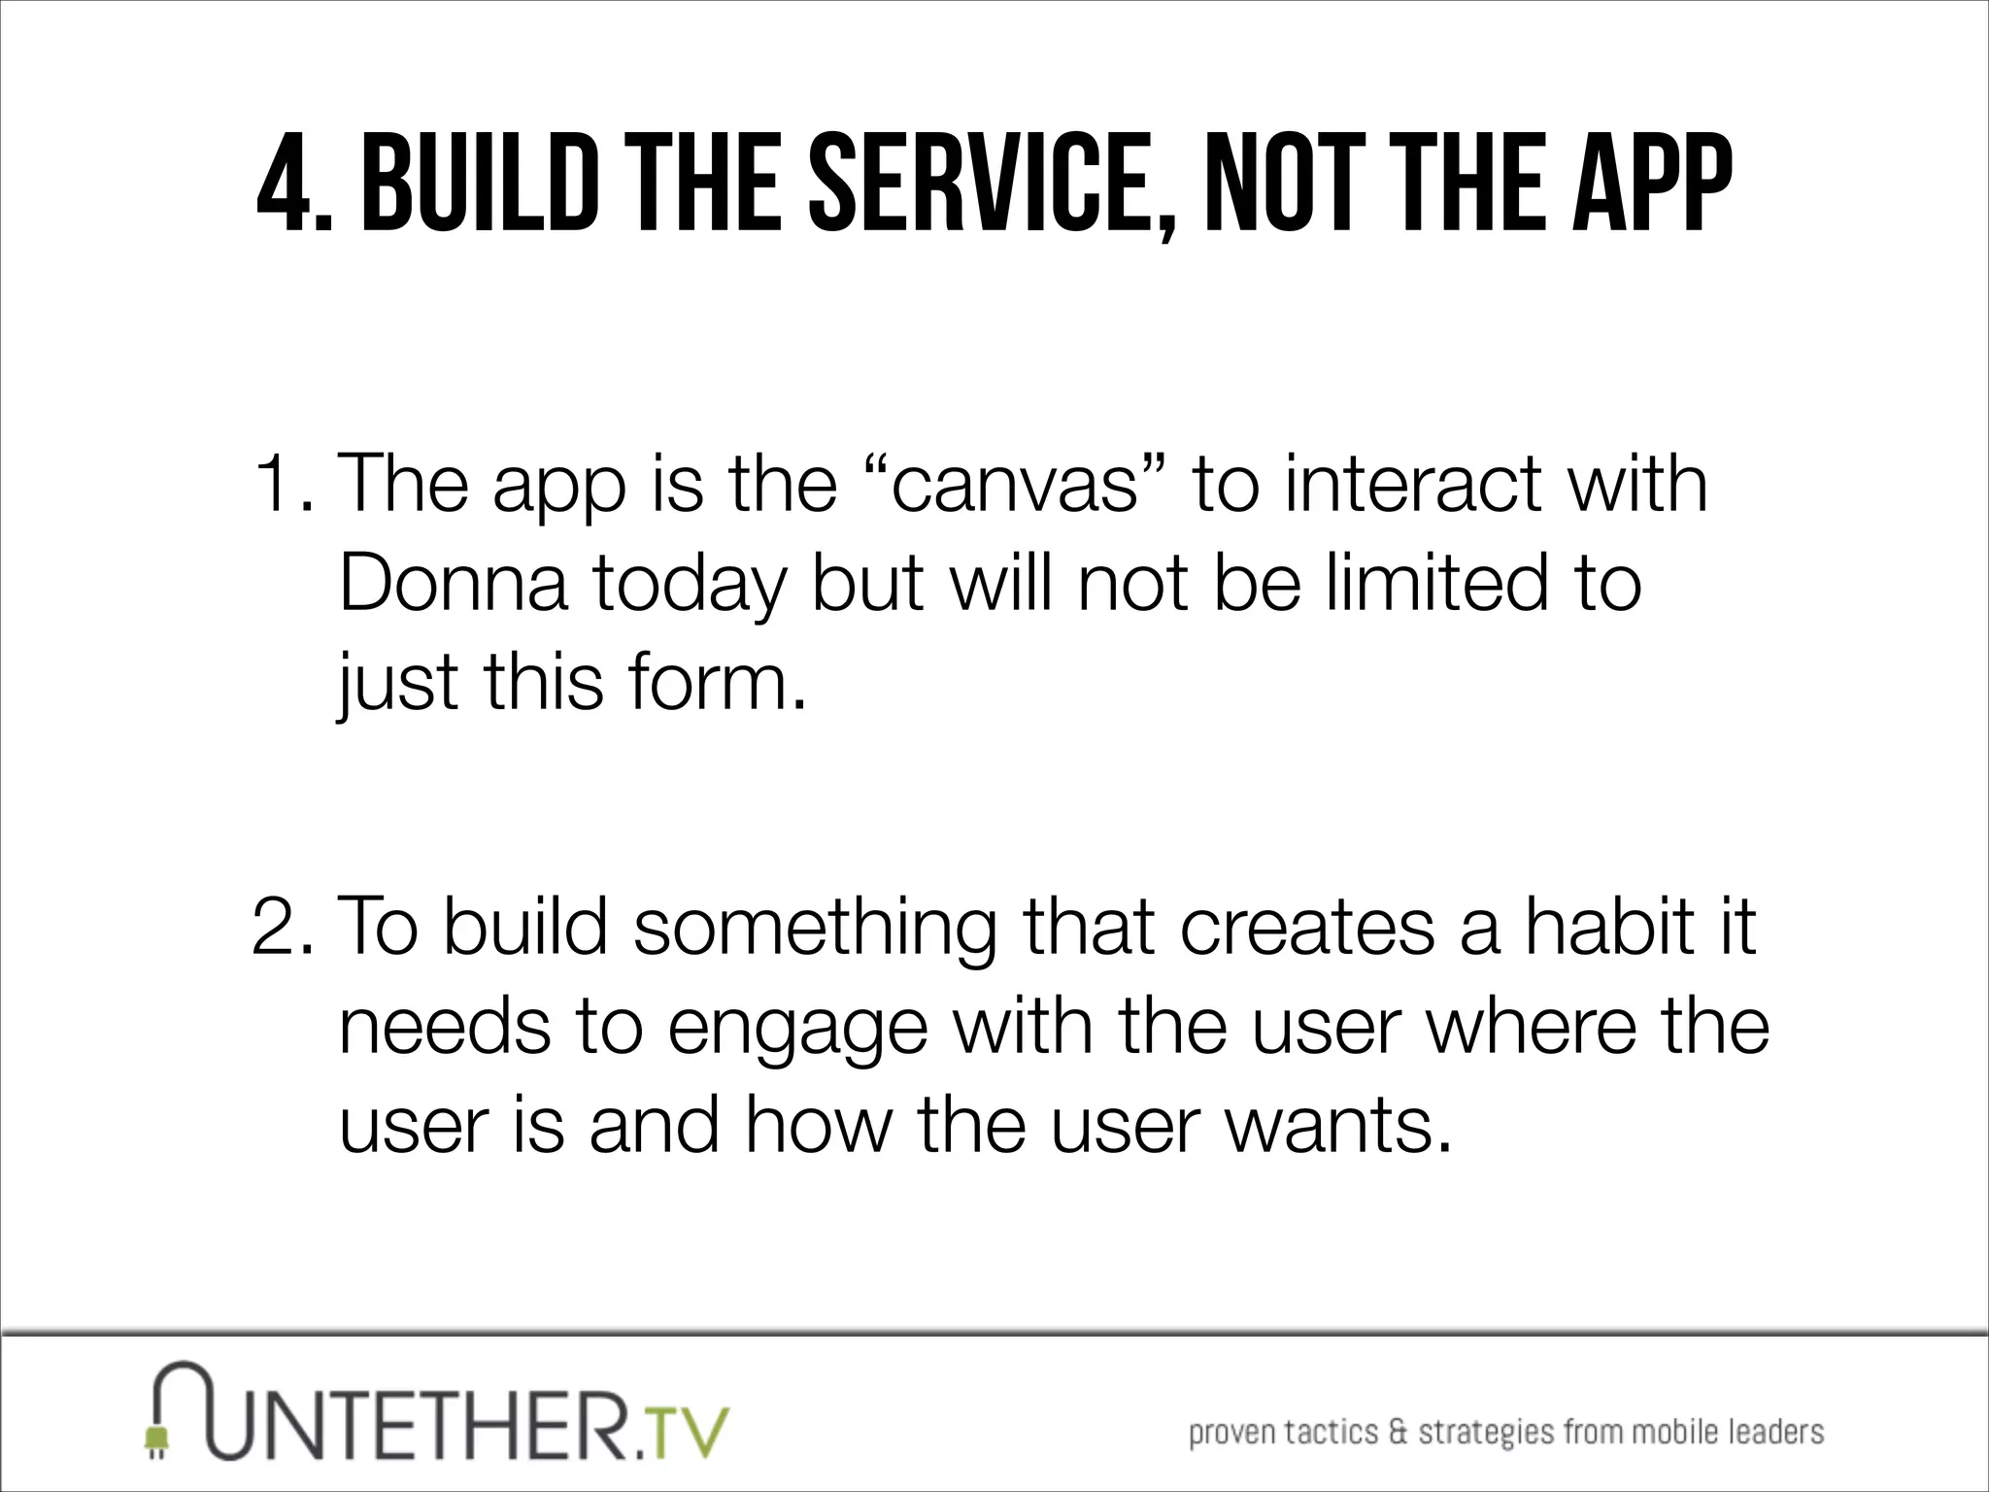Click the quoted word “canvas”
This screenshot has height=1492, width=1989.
click(1014, 484)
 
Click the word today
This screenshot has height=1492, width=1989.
click(688, 586)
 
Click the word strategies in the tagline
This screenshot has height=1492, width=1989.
click(1482, 1433)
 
